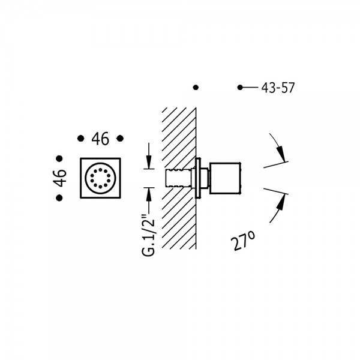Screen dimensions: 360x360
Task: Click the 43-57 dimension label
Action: point(278,88)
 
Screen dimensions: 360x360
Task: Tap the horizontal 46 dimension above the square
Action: point(100,139)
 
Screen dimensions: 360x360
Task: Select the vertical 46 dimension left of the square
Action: point(59,178)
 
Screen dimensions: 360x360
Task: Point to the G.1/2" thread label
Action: point(149,235)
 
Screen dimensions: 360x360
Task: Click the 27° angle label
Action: point(243,240)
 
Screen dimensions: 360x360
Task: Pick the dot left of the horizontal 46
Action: point(81,139)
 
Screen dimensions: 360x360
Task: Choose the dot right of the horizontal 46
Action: point(120,139)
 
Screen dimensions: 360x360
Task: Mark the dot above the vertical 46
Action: point(59,158)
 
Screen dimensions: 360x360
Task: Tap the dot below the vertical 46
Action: point(59,197)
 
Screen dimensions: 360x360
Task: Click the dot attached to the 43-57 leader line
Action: point(240,88)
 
